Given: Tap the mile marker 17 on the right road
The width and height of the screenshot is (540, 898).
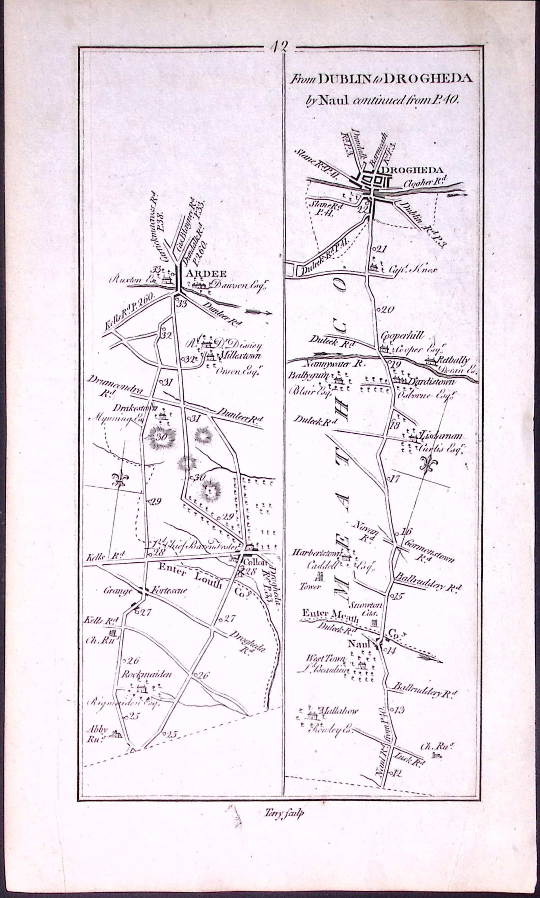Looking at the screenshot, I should click(395, 479).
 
